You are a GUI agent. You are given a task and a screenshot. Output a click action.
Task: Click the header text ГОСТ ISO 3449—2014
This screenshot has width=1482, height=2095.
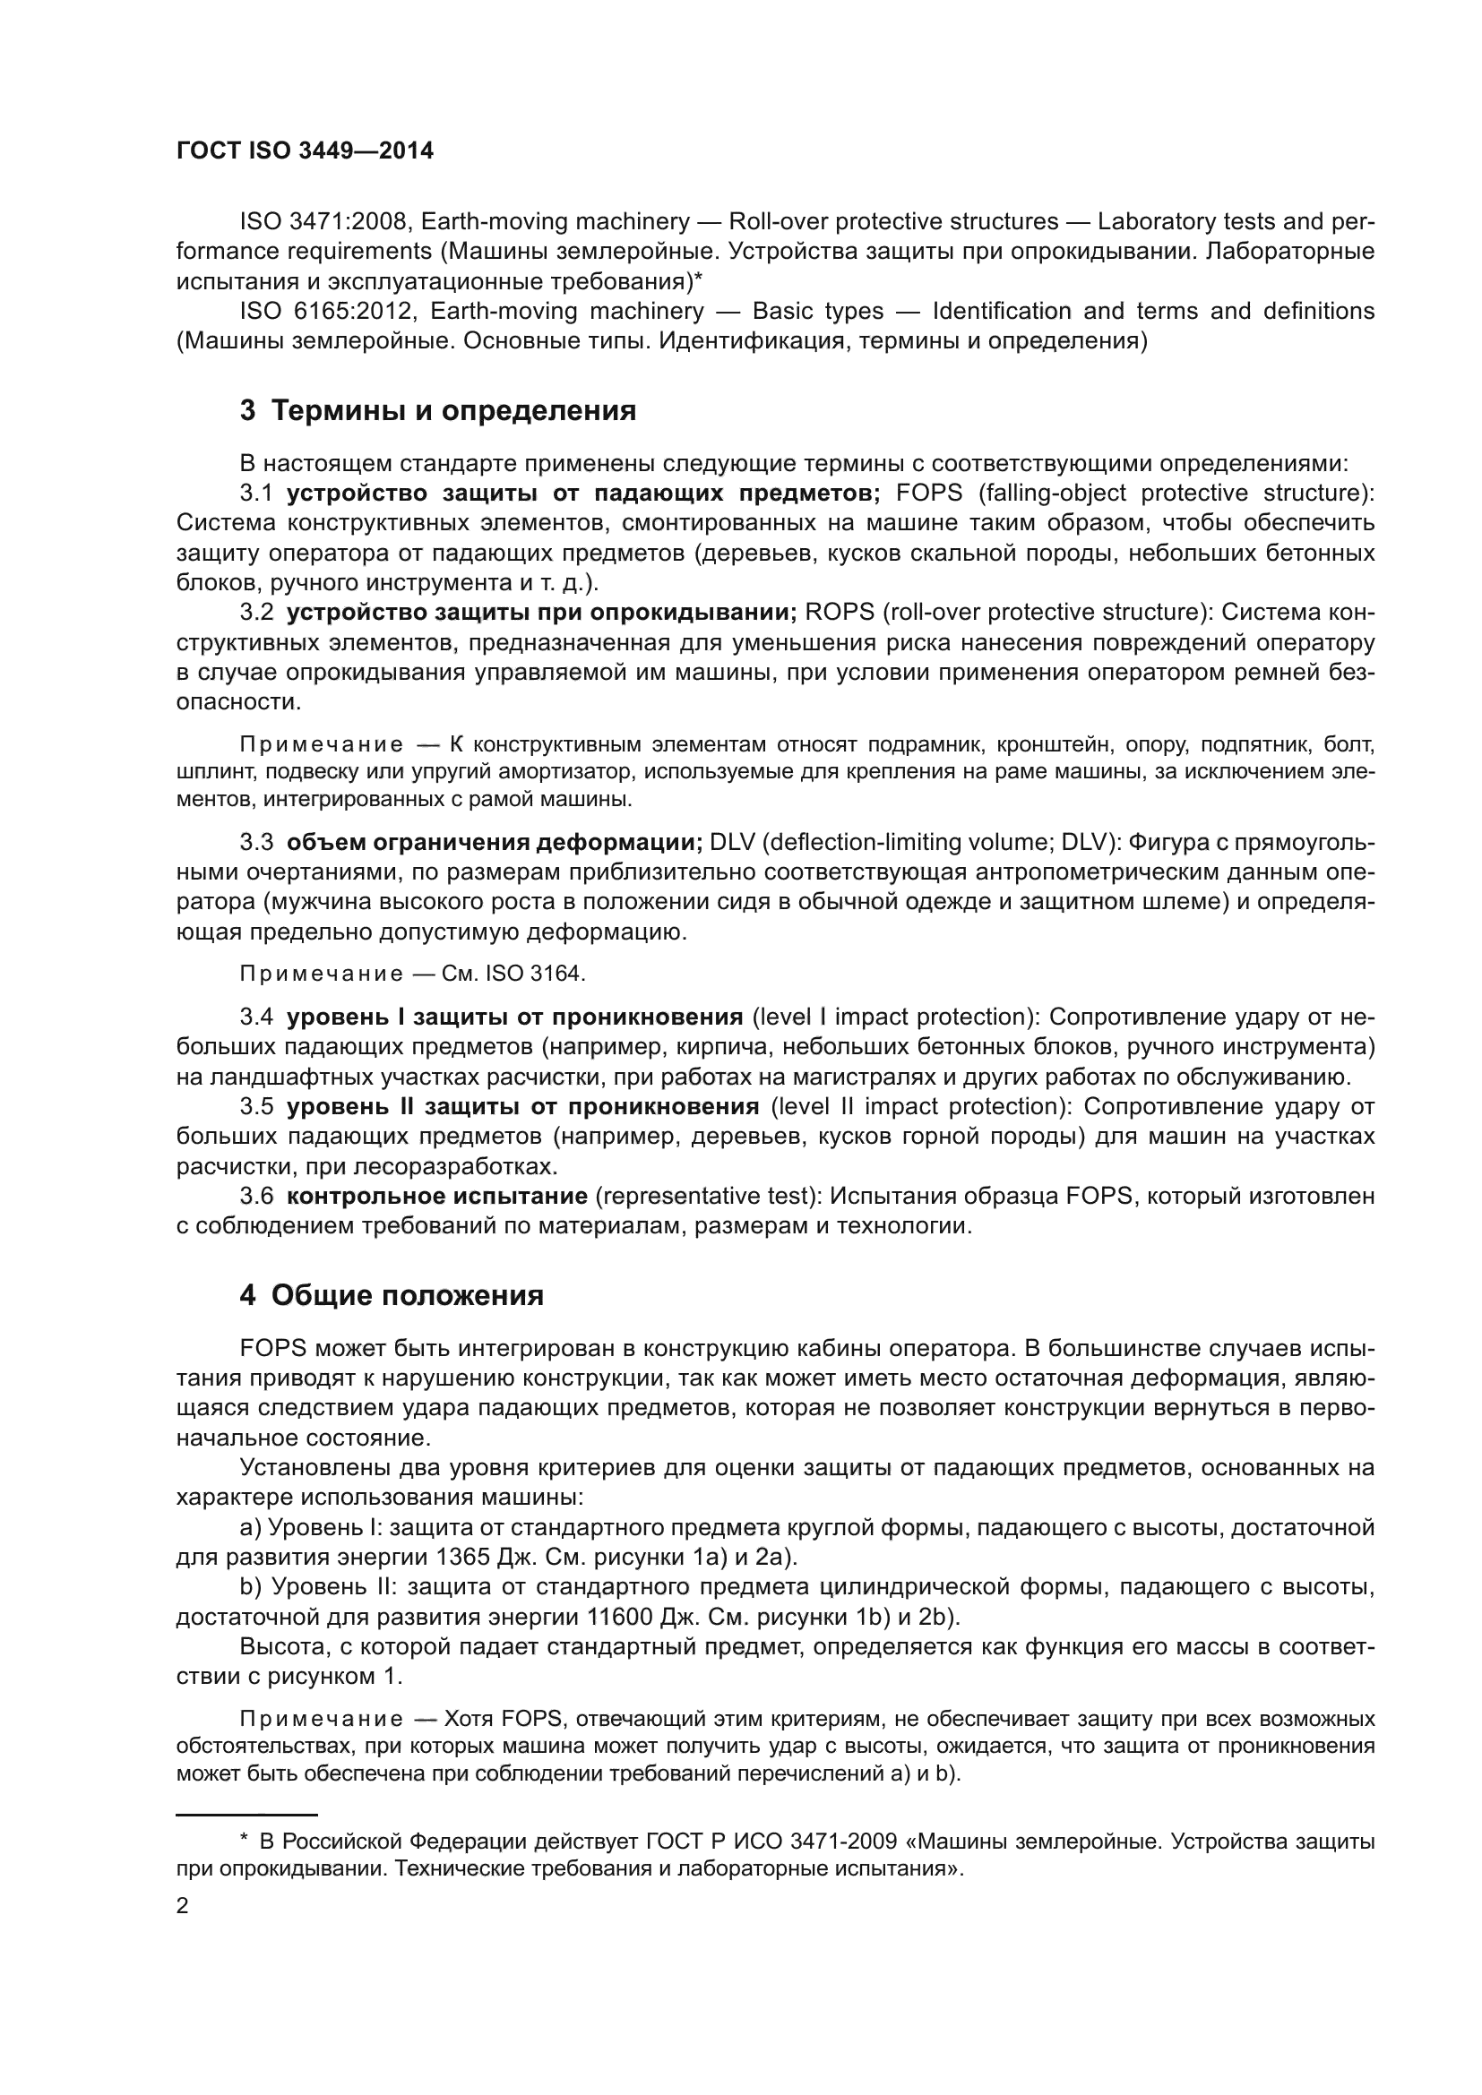pos(305,151)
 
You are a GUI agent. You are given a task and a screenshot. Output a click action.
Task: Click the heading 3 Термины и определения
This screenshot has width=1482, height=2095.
pos(438,410)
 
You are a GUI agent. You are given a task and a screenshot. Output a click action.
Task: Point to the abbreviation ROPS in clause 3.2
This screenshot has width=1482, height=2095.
pos(839,612)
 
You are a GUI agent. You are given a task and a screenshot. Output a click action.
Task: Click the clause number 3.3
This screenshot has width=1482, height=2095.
pos(256,841)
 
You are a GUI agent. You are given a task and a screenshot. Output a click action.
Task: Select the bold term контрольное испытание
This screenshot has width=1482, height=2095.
pos(437,1196)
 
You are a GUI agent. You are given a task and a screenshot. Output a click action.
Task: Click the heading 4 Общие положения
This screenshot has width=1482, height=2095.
pos(392,1295)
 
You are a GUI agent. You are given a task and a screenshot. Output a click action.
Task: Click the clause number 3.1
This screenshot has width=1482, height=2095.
pos(256,493)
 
